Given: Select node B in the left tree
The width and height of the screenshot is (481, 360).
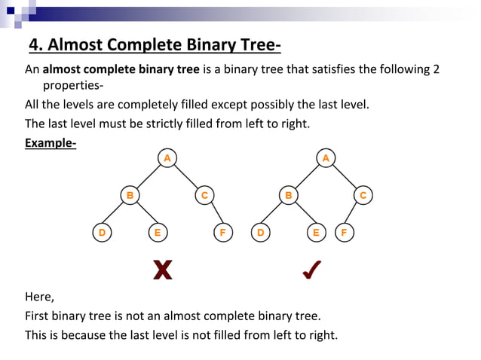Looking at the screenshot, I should click(x=130, y=196).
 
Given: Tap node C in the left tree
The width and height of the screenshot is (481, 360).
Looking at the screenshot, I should click(x=204, y=196).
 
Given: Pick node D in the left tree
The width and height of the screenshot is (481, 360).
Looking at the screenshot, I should click(x=102, y=233).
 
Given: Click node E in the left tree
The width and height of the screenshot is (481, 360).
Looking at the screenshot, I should click(x=157, y=233).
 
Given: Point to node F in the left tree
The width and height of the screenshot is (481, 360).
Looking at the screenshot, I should click(x=222, y=233).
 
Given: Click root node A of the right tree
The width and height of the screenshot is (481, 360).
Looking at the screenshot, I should click(x=326, y=157).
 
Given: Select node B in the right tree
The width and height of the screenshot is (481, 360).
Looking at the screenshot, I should click(x=288, y=196).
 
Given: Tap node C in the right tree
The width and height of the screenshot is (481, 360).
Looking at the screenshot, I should click(x=363, y=196).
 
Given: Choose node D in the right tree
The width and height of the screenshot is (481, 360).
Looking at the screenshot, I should click(x=260, y=233).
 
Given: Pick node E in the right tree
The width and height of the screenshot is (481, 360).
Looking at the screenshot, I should click(x=316, y=233).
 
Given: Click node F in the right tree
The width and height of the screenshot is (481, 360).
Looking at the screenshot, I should click(x=344, y=233).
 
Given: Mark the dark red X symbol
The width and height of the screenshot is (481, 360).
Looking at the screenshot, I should click(x=162, y=270).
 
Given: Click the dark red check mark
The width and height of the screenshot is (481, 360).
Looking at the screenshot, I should click(x=311, y=270).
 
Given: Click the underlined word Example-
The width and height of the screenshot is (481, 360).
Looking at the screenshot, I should click(x=51, y=142).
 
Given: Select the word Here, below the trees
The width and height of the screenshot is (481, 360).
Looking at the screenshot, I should click(x=40, y=296).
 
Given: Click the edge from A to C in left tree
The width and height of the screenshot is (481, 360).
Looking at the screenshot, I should click(x=186, y=176).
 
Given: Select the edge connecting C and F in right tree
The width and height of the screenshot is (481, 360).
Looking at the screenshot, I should click(x=354, y=215).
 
